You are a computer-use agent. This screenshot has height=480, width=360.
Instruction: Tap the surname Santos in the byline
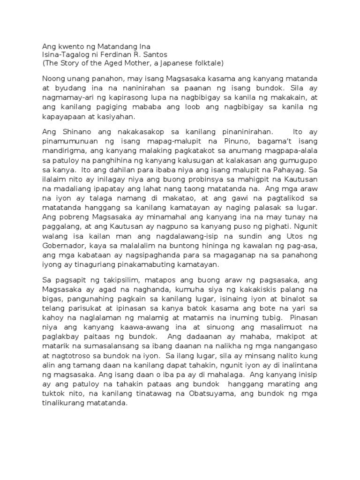pyautogui.click(x=157, y=55)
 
